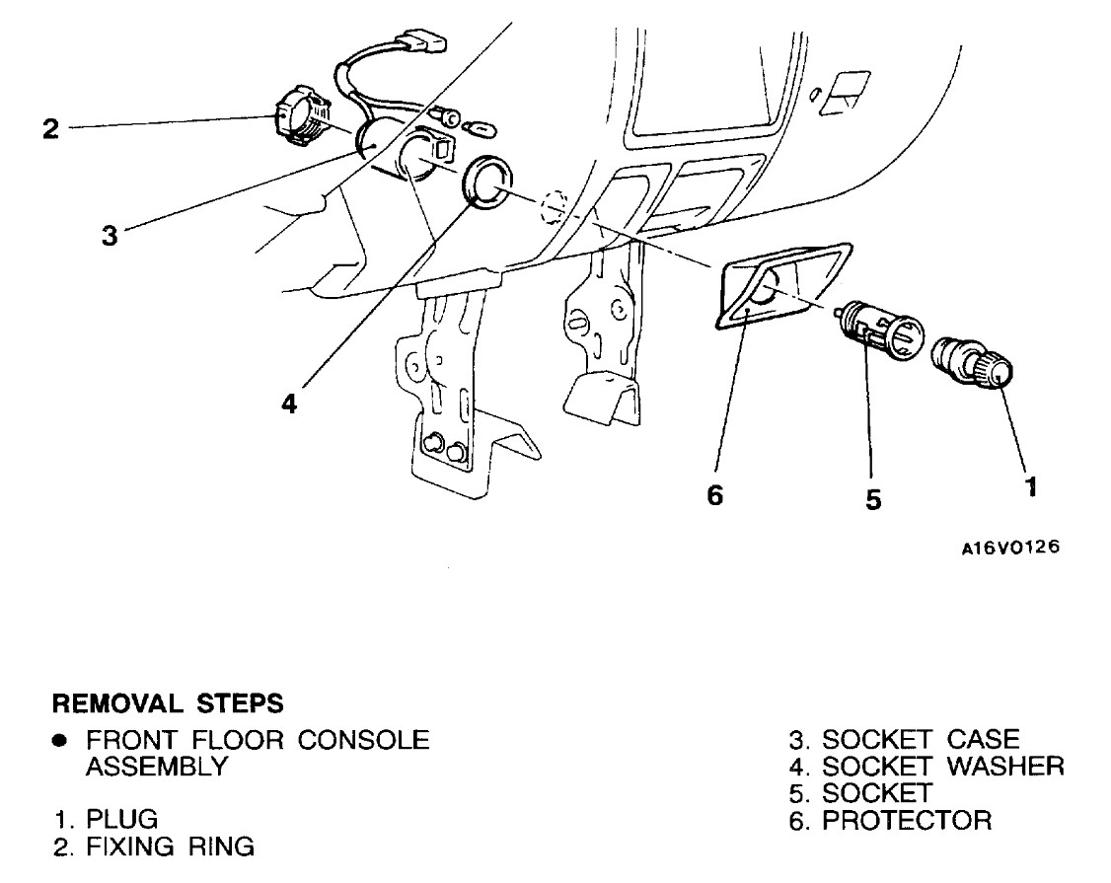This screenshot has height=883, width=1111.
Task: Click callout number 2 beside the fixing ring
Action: [x=50, y=129]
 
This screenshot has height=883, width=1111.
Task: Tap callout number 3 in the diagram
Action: [x=110, y=236]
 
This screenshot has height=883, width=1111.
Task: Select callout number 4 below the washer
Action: [x=288, y=405]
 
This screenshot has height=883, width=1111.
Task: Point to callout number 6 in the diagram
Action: [x=715, y=495]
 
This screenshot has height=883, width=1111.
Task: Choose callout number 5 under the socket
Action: [x=873, y=499]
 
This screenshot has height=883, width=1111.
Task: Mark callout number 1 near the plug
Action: [x=1030, y=487]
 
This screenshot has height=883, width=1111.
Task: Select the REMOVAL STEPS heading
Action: [x=167, y=704]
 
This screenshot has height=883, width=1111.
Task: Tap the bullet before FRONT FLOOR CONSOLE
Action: [x=60, y=740]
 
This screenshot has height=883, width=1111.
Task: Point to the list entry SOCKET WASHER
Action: [x=943, y=767]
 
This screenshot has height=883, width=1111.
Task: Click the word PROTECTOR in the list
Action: [x=907, y=820]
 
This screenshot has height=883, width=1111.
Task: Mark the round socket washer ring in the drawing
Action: [x=484, y=182]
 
